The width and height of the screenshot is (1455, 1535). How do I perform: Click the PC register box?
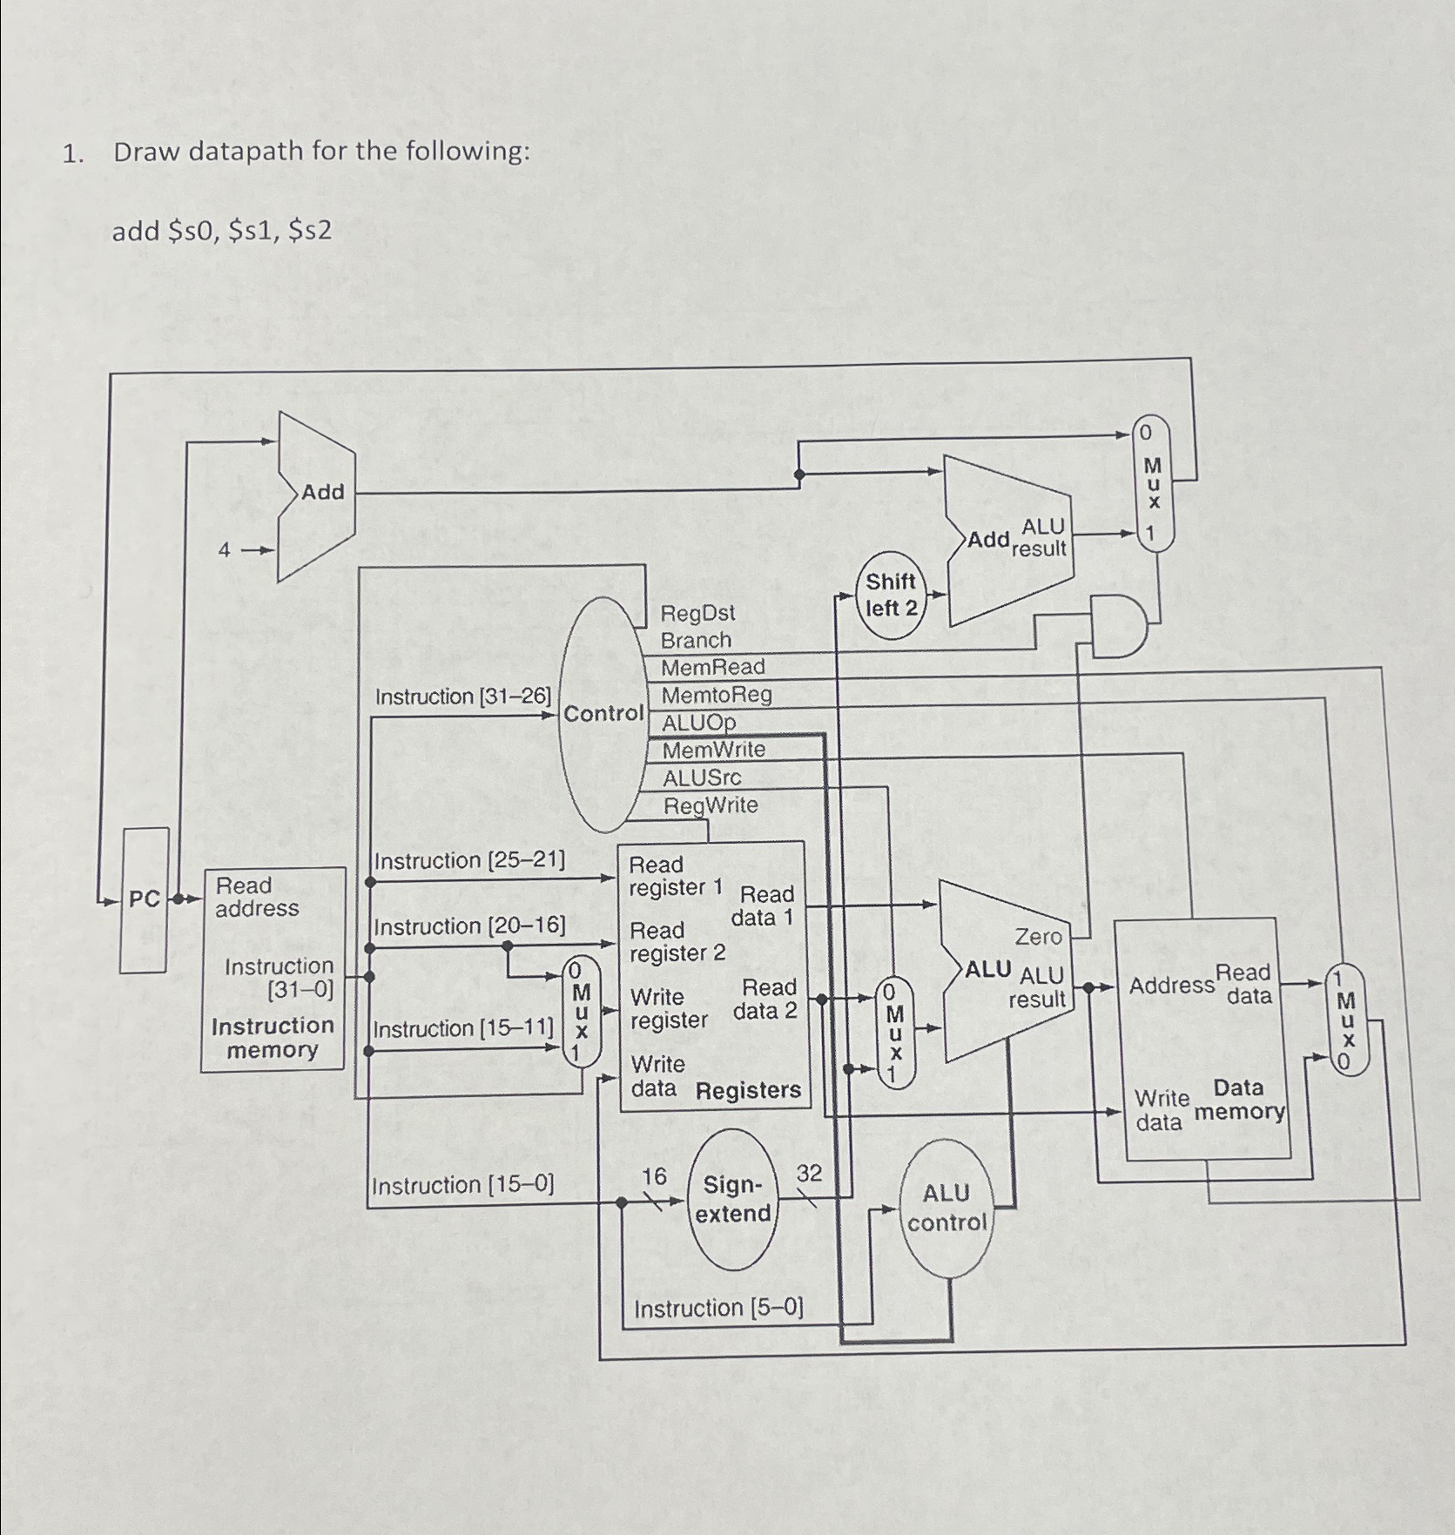[x=145, y=899]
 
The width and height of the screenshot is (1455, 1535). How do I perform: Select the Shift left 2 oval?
[x=891, y=595]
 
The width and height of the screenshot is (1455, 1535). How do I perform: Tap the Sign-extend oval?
[x=733, y=1199]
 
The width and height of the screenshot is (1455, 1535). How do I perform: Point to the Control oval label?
[x=603, y=714]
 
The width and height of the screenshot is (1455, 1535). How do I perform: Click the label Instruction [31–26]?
[x=462, y=697]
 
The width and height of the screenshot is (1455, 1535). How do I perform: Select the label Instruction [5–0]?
[x=718, y=1308]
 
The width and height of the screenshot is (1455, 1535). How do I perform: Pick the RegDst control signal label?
[x=697, y=613]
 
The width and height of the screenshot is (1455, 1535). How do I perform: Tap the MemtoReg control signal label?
[x=717, y=695]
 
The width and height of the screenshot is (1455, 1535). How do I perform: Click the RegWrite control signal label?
[x=711, y=805]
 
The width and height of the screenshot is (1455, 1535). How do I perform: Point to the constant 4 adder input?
[x=225, y=550]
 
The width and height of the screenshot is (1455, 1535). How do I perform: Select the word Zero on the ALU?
[x=1038, y=937]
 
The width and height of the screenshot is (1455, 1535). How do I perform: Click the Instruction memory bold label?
[x=272, y=1038]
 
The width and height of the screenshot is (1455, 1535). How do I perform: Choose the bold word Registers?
[x=748, y=1090]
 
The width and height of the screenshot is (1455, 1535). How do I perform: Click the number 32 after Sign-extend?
[x=809, y=1174]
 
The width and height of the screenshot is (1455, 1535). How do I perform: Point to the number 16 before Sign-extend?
[x=654, y=1177]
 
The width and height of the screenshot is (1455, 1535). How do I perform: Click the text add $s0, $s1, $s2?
[x=222, y=231]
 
